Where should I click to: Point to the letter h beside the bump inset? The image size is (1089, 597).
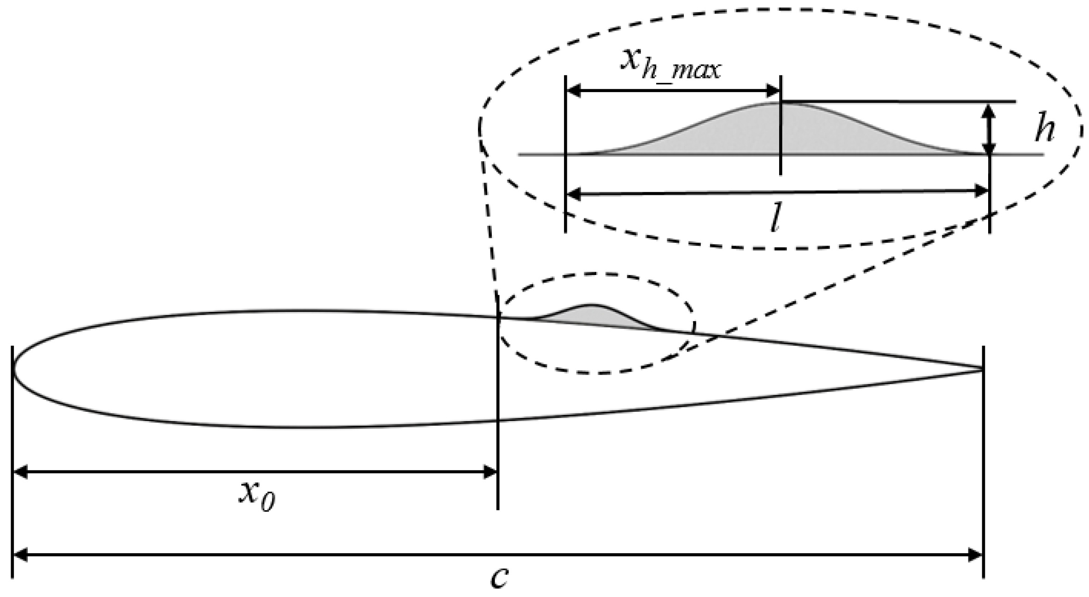click(1044, 130)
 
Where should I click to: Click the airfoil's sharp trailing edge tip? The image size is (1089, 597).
click(982, 369)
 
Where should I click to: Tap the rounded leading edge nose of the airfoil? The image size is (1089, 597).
click(13, 369)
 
